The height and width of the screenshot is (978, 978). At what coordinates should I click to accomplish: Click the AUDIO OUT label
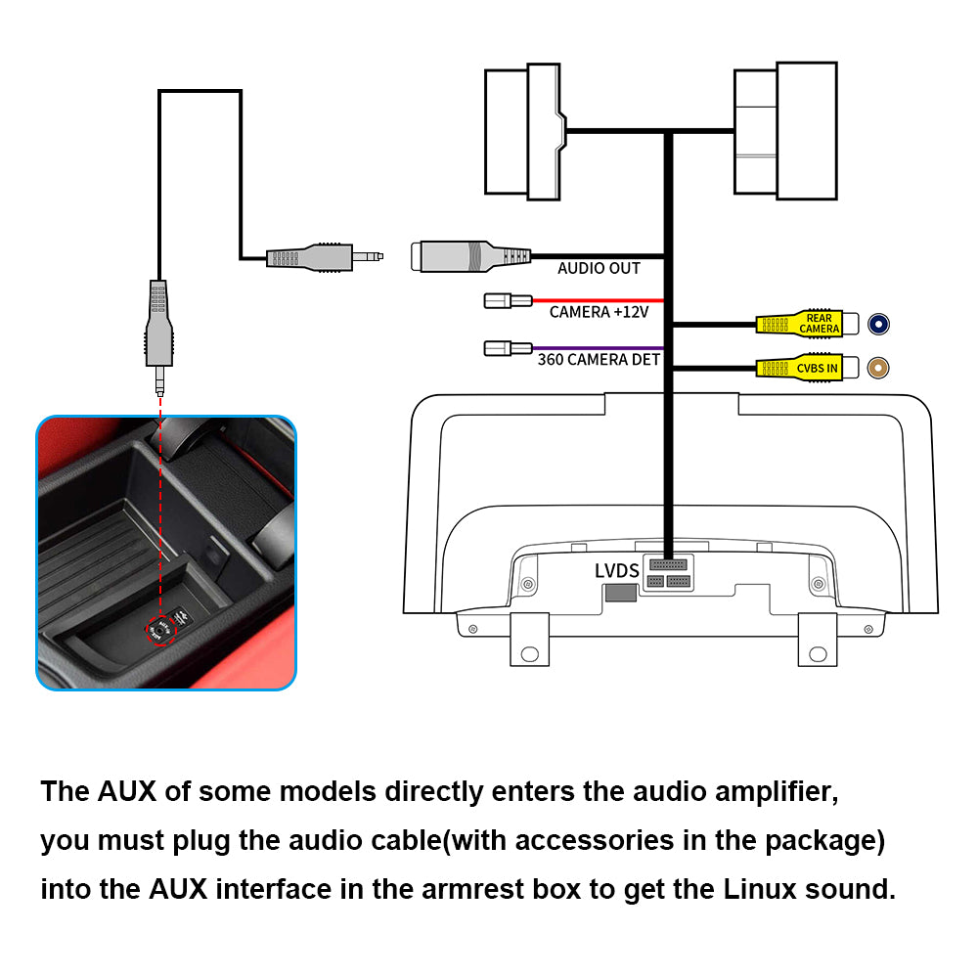pyautogui.click(x=599, y=268)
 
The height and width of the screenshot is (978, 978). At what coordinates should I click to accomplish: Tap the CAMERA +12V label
pyautogui.click(x=599, y=312)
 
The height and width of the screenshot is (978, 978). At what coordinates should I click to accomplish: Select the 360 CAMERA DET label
pyautogui.click(x=599, y=359)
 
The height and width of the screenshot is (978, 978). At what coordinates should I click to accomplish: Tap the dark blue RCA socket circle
pyautogui.click(x=880, y=324)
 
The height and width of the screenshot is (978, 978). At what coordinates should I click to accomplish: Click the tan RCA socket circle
pyautogui.click(x=880, y=368)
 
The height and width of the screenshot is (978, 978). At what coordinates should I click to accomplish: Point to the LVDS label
pyautogui.click(x=616, y=571)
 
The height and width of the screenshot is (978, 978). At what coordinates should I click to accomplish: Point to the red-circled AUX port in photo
pyautogui.click(x=160, y=631)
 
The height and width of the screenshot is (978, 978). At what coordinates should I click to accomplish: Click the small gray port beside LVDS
pyautogui.click(x=619, y=592)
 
